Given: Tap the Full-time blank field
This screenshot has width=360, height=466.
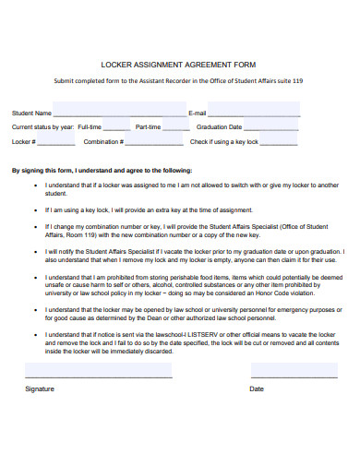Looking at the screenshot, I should pos(116,126).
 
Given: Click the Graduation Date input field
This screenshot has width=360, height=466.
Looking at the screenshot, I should pos(271,126).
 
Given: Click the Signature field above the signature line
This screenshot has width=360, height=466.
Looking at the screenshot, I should pos(99,370).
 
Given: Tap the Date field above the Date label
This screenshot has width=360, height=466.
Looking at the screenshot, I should pos(288,370).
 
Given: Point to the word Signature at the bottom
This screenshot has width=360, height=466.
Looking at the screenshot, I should pos(40,388).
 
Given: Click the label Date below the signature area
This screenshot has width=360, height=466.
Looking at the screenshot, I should pos(257,388).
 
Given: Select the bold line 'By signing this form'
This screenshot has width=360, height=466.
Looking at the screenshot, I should pos(102,171).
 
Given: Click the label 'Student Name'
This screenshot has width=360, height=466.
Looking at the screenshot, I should pos(31,113).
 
